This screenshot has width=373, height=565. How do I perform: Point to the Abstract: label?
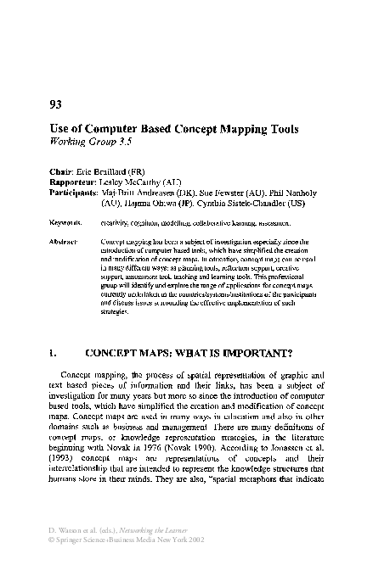tap(65, 242)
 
